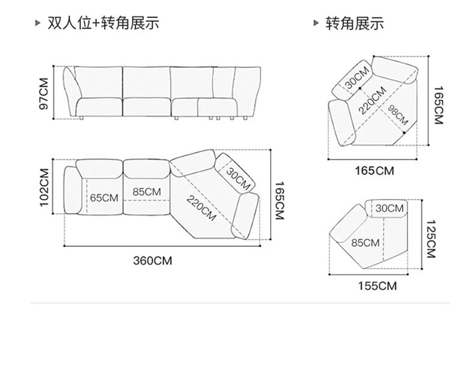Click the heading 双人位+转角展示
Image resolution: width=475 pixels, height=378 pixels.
[x=103, y=23]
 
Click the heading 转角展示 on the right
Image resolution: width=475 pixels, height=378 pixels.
[x=355, y=23]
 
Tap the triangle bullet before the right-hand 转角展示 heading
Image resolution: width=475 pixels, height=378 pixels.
[x=316, y=23]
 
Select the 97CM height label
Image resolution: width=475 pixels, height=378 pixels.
[x=43, y=93]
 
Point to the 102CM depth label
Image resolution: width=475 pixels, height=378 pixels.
[x=44, y=187]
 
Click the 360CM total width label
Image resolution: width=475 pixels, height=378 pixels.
[x=152, y=261]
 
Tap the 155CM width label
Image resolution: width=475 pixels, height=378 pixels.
[x=377, y=286]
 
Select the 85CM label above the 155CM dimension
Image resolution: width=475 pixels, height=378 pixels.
[x=365, y=243]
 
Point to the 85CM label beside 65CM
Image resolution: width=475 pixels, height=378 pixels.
[x=147, y=191]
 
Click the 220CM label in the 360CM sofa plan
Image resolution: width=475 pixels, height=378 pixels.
[x=201, y=208]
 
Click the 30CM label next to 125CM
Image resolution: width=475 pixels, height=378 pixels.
[x=390, y=208]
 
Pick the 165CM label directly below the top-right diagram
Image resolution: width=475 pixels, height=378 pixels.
[x=374, y=170]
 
